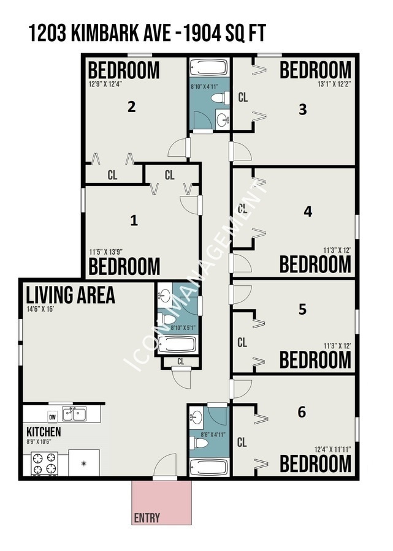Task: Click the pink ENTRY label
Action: click(x=147, y=517)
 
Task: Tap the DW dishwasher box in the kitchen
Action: click(x=53, y=417)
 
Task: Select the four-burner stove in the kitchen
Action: click(x=45, y=463)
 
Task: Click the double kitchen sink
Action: click(x=74, y=414)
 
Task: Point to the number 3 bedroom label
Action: click(x=303, y=110)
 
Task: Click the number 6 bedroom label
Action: click(x=302, y=412)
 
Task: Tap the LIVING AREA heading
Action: click(x=71, y=295)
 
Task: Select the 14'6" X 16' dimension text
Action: click(x=40, y=310)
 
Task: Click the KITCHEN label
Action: click(x=44, y=432)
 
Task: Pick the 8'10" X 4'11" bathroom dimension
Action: click(x=204, y=86)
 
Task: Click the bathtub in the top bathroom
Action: click(x=208, y=67)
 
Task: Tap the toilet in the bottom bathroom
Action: click(x=199, y=443)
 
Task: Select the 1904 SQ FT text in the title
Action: click(x=224, y=34)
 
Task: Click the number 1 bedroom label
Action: click(x=134, y=220)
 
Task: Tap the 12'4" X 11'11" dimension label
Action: click(x=333, y=449)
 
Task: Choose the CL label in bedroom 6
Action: click(x=242, y=442)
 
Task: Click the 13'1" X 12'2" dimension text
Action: click(x=334, y=84)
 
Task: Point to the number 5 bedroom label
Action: click(x=302, y=309)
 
